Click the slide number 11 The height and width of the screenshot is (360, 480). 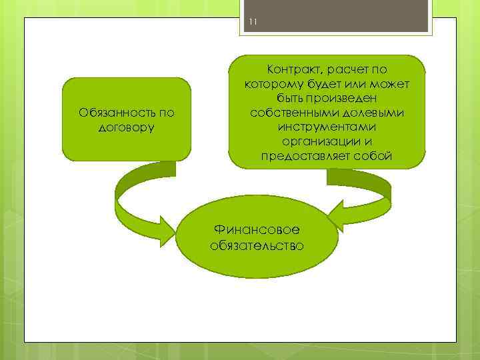coord(252,24)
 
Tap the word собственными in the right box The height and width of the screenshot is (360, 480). coord(287,112)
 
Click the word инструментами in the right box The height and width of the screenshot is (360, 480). coord(327,127)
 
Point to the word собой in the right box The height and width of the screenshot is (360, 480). coord(375,156)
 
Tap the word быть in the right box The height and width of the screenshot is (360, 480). coord(292,98)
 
